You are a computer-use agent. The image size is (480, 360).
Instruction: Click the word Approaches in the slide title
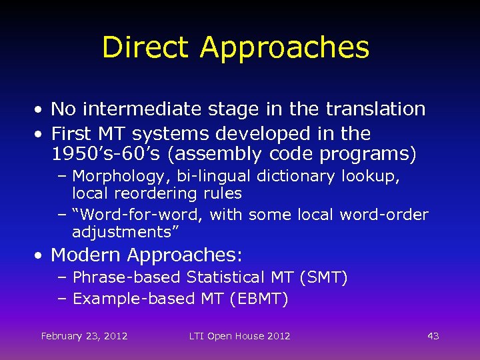pyautogui.click(x=284, y=48)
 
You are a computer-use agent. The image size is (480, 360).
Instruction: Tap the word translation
pyautogui.click(x=373, y=109)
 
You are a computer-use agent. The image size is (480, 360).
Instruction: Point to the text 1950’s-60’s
pyautogui.click(x=106, y=155)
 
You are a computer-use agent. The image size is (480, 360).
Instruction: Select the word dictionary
pyautogui.click(x=303, y=176)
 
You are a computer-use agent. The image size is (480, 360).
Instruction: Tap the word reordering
pyautogui.click(x=155, y=193)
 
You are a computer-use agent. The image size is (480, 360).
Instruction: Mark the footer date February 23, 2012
pyautogui.click(x=84, y=336)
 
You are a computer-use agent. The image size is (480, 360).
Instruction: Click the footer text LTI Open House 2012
pyautogui.click(x=239, y=336)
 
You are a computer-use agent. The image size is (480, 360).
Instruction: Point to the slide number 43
pyautogui.click(x=433, y=336)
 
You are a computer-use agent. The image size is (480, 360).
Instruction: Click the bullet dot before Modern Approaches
pyautogui.click(x=41, y=255)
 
